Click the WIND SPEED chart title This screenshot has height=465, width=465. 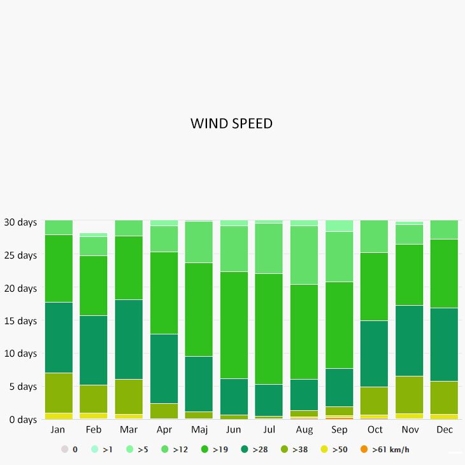[x=231, y=124]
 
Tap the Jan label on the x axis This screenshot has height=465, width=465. [x=58, y=430]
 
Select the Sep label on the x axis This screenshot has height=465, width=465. [x=340, y=430]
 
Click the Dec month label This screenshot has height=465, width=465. [x=445, y=430]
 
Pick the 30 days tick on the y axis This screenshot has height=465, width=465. [x=20, y=222]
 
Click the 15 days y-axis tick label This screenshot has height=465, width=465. [x=20, y=321]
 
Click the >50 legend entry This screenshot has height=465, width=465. [x=335, y=450]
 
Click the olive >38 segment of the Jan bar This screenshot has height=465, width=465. [x=59, y=392]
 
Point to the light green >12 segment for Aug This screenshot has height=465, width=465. [x=304, y=255]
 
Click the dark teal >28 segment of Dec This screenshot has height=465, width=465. [x=445, y=344]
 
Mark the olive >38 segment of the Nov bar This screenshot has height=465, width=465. [x=410, y=394]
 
